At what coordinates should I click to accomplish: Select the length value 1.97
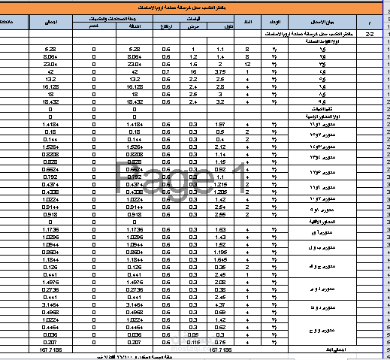(221, 125)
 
